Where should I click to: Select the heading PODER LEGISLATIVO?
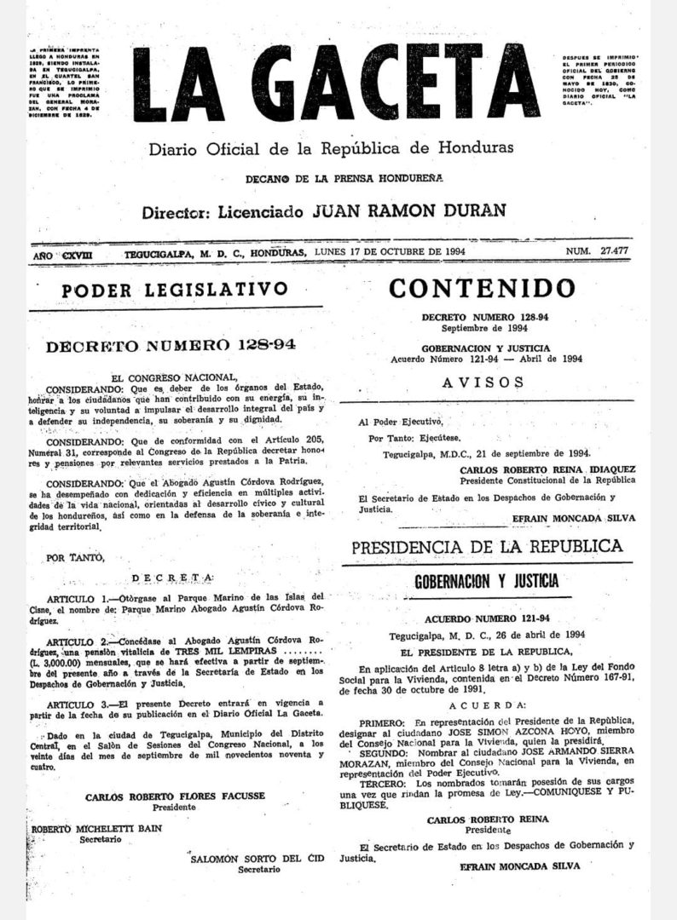click(x=173, y=290)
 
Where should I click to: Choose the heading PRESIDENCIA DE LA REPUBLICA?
click(x=486, y=546)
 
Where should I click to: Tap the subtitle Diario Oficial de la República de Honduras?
click(x=332, y=147)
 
